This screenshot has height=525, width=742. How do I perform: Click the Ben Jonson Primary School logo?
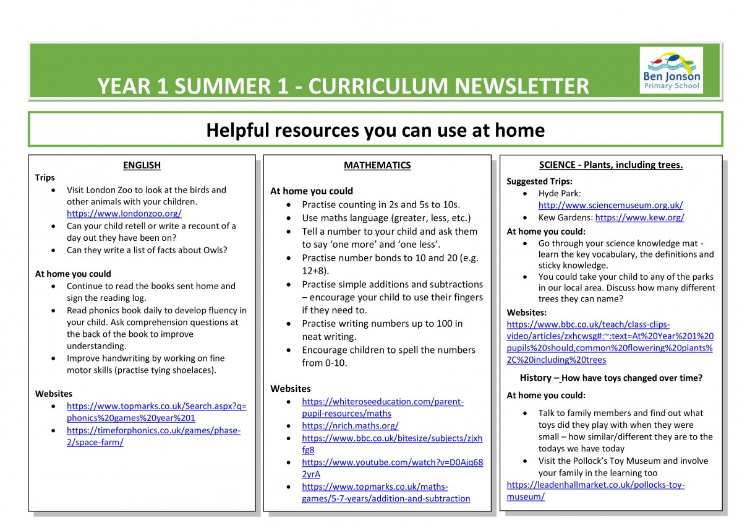tap(671, 69)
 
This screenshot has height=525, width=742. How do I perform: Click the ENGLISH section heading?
tap(142, 165)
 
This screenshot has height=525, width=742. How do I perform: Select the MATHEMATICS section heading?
tap(377, 165)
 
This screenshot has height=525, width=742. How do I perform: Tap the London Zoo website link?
tap(124, 214)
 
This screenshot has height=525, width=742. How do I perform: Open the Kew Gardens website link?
tap(639, 218)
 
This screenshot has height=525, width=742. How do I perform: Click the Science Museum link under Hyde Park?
tap(610, 206)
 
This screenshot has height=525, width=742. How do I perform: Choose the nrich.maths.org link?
tap(350, 426)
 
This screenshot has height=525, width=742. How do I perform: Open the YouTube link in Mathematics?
tap(392, 462)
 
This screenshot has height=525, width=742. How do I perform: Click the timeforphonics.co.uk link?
tap(153, 431)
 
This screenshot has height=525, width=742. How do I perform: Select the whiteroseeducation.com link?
tap(382, 402)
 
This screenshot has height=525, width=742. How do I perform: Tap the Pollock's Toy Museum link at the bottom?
tap(595, 485)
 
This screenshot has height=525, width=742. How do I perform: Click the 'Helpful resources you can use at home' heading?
tap(375, 131)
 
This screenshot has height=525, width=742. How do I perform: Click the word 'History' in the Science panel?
tap(535, 378)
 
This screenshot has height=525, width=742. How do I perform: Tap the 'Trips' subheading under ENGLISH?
tap(45, 178)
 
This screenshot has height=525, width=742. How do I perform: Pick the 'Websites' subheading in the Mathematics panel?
tap(291, 389)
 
